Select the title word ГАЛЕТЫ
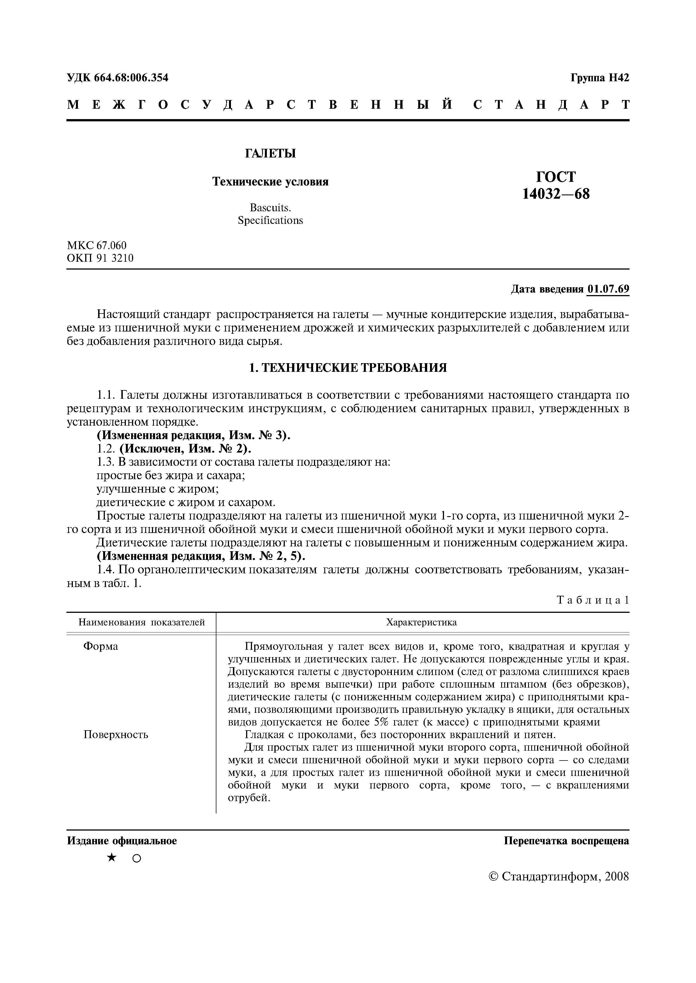pos(270,153)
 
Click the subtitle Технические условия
pos(270,182)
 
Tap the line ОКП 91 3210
pos(100,258)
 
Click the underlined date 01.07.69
pos(608,289)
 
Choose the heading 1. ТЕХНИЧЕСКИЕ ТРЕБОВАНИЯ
pos(348,367)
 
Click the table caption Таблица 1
pos(593,600)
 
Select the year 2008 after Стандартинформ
pos(617,876)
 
